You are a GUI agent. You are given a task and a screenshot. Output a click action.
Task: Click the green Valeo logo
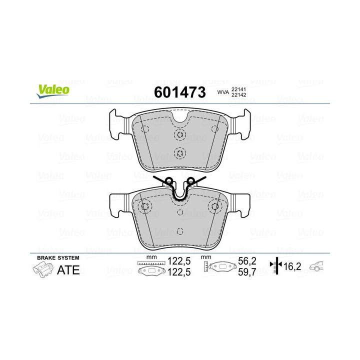[52, 89]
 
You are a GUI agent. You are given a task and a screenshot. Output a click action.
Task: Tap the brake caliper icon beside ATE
[43, 270]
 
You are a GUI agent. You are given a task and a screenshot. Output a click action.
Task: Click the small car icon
[317, 266]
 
